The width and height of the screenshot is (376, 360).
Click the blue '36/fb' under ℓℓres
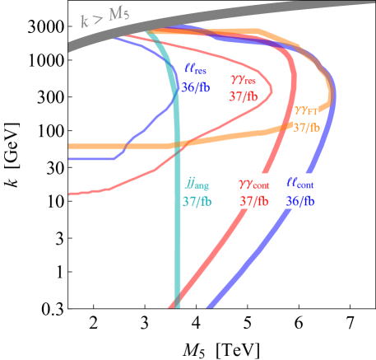(196, 87)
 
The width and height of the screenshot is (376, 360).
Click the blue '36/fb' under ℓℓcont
(299, 201)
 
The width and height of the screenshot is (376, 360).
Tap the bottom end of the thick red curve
(171, 308)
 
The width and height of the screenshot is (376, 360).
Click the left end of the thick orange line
(70, 147)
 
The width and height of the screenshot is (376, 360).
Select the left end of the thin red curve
(70, 194)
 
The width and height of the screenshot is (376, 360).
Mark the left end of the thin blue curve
(70, 159)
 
